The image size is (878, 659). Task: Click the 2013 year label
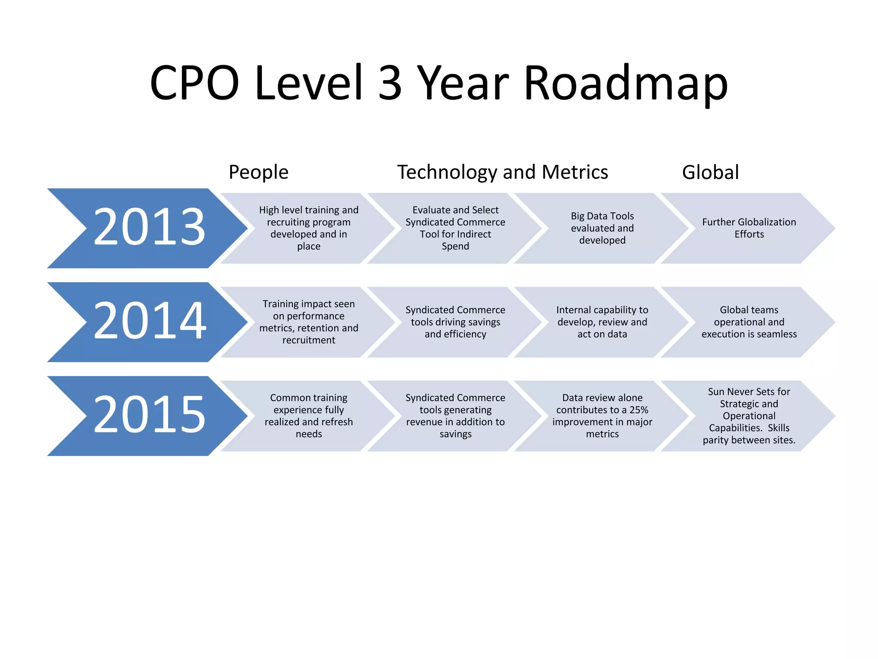click(x=149, y=227)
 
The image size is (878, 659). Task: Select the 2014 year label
click(x=149, y=320)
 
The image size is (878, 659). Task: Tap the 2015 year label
click(x=149, y=414)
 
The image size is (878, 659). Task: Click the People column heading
click(x=259, y=172)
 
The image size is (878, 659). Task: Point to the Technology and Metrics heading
click(x=502, y=172)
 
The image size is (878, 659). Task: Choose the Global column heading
click(x=710, y=172)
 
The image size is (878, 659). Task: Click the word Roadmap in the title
click(x=625, y=83)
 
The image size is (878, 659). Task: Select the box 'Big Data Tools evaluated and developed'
click(x=602, y=228)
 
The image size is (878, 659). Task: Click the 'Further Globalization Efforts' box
click(x=749, y=228)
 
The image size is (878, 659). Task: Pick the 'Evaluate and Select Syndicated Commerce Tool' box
click(x=455, y=228)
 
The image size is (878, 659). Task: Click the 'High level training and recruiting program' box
click(x=309, y=228)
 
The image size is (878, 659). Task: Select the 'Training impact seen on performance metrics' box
click(x=309, y=322)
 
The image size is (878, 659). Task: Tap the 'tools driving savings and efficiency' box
click(x=455, y=322)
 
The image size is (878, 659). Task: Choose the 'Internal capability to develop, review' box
click(x=602, y=322)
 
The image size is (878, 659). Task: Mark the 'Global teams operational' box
click(x=749, y=322)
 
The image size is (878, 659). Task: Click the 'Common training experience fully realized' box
click(x=309, y=416)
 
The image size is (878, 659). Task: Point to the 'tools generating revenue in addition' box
click(x=455, y=416)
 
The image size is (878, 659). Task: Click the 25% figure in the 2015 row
click(x=639, y=410)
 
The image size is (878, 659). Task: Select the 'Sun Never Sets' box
click(x=749, y=416)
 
